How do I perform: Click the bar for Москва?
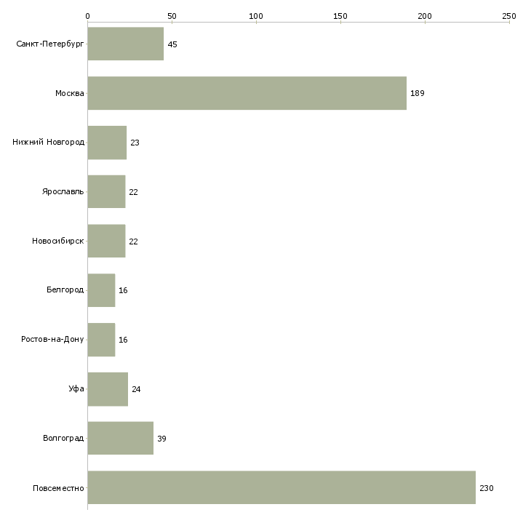pyautogui.click(x=247, y=93)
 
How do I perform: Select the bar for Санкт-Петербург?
pyautogui.click(x=125, y=44)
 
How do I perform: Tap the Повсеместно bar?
pyautogui.click(x=281, y=487)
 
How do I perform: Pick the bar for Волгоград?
pyautogui.click(x=120, y=438)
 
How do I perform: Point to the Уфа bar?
pyautogui.click(x=108, y=389)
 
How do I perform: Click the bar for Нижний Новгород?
pyautogui.click(x=107, y=143)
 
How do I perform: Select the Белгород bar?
pyautogui.click(x=101, y=290)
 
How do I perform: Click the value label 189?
pyautogui.click(x=418, y=94)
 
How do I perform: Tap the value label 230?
pyautogui.click(x=486, y=488)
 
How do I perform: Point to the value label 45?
pyautogui.click(x=172, y=45)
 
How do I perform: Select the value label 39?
pyautogui.click(x=161, y=439)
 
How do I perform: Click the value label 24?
pyautogui.click(x=136, y=390)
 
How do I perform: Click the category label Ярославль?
pyautogui.click(x=63, y=192)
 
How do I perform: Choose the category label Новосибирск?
pyautogui.click(x=58, y=241)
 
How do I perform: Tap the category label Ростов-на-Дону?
pyautogui.click(x=53, y=340)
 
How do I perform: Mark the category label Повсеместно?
pyautogui.click(x=58, y=487)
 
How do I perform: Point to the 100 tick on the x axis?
pyautogui.click(x=255, y=15)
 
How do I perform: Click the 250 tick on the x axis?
pyautogui.click(x=508, y=15)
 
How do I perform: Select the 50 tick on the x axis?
pyautogui.click(x=172, y=15)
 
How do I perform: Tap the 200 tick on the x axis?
pyautogui.click(x=424, y=15)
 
